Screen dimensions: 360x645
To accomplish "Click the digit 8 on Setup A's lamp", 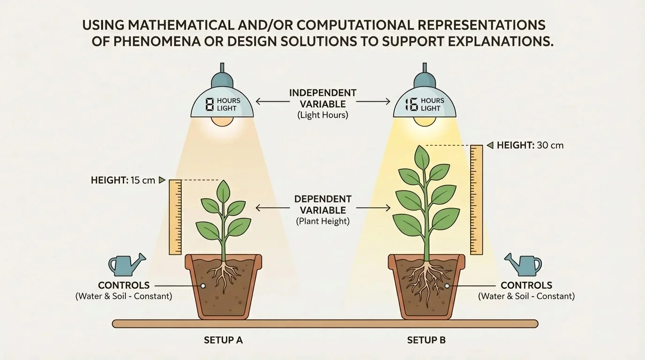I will [210, 104].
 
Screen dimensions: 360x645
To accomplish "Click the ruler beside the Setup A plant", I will [175, 217].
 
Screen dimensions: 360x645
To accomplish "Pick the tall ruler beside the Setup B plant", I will [476, 200].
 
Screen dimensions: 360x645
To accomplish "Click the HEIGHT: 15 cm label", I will [123, 180].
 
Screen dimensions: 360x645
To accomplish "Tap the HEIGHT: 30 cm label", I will [530, 145].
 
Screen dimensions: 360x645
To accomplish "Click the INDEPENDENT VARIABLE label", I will [322, 98].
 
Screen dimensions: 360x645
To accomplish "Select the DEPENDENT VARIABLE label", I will [322, 205].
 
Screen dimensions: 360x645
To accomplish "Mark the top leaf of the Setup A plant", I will [224, 191].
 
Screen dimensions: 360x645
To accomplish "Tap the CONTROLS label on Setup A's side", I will [124, 285].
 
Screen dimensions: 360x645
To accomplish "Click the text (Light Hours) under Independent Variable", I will [322, 115].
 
